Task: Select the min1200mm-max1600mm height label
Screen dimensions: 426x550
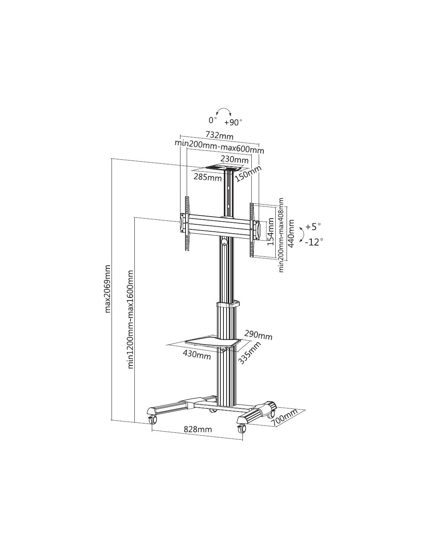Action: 130,319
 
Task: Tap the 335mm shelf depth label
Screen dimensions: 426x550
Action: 250,353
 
